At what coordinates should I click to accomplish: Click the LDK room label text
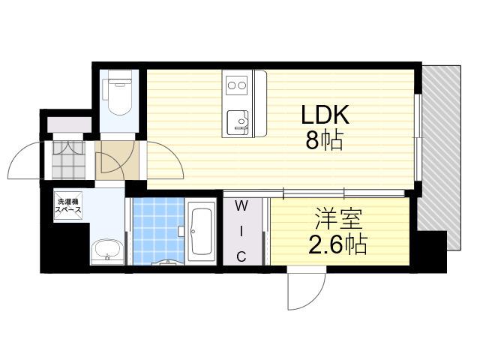click(x=325, y=115)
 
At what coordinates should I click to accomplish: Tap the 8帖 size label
click(x=324, y=140)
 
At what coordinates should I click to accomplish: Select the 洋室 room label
click(x=338, y=218)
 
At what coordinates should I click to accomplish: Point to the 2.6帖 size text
click(x=337, y=244)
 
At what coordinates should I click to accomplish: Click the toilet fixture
click(x=118, y=97)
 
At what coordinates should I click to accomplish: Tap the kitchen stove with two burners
click(x=237, y=85)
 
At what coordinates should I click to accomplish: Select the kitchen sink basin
click(x=238, y=122)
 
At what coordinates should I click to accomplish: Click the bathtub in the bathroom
click(x=200, y=231)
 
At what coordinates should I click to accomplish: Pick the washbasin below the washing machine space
click(x=107, y=252)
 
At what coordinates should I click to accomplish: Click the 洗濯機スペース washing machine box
click(x=68, y=205)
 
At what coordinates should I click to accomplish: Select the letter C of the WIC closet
click(x=241, y=256)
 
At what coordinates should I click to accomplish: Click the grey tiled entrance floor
click(x=68, y=160)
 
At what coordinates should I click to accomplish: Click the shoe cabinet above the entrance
click(x=69, y=125)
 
